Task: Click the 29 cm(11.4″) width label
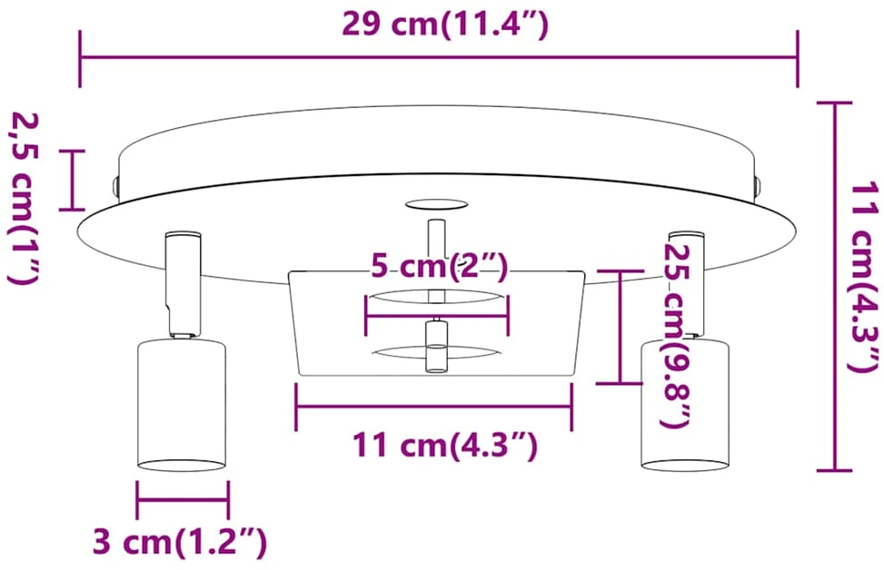(x=445, y=25)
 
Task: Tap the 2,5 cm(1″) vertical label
(x=24, y=197)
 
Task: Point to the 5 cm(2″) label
(x=439, y=266)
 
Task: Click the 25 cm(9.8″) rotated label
(x=676, y=336)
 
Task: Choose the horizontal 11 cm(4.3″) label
(x=445, y=445)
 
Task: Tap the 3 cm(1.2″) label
(x=179, y=542)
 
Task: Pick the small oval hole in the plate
(x=436, y=204)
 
